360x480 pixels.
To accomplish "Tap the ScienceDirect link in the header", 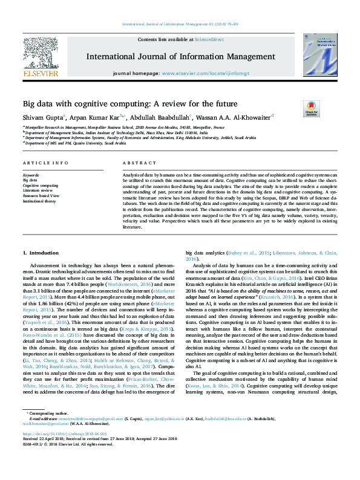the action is (209, 39).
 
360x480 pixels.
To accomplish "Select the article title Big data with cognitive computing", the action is (130, 104).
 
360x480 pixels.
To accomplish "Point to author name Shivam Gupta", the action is (42, 117).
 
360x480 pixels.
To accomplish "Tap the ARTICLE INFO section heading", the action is (45, 164).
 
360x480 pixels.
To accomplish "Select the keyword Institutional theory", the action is (39, 201).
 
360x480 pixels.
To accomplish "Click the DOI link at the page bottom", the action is (59, 450).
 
